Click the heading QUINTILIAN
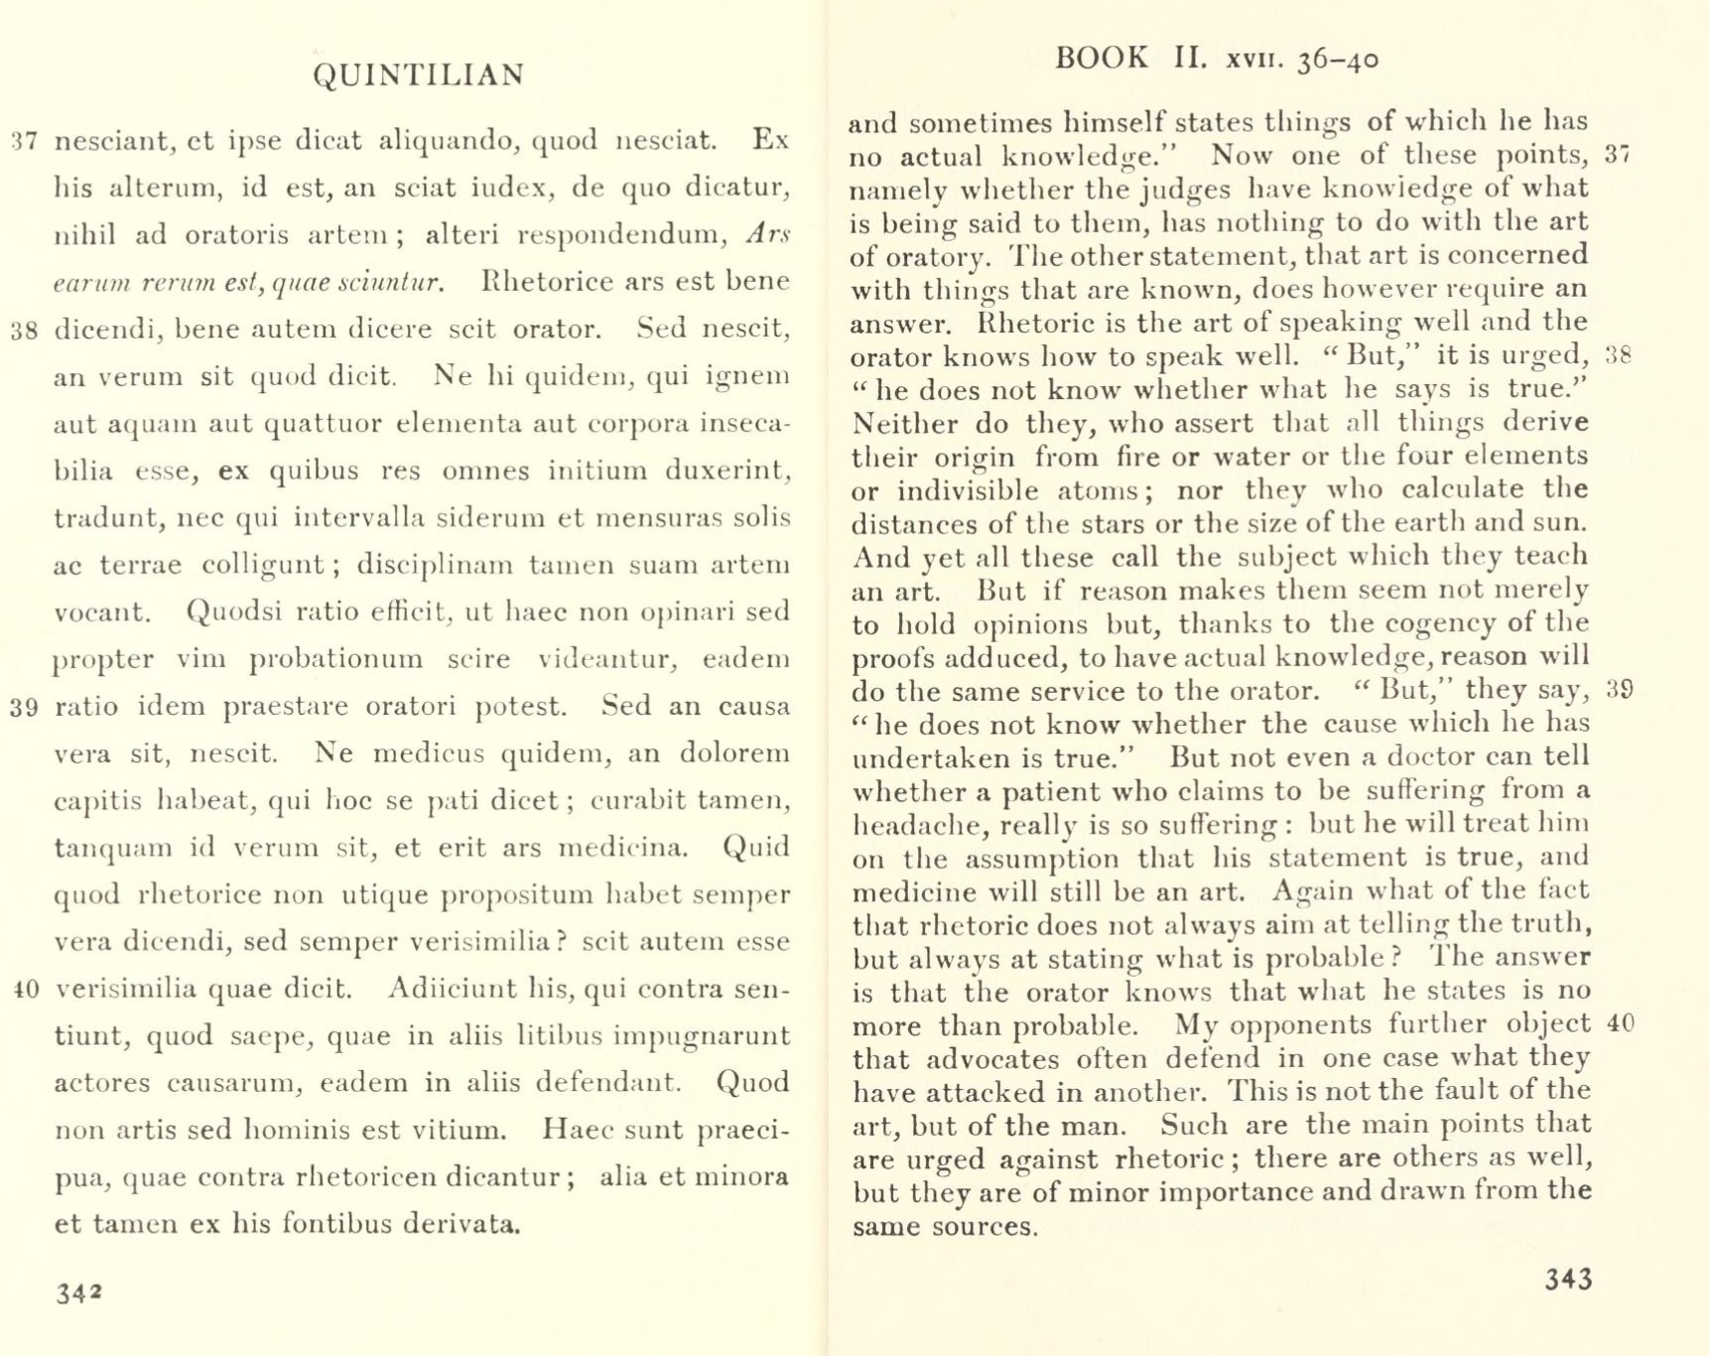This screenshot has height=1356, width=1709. pyautogui.click(x=418, y=75)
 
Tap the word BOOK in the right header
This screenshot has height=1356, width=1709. pyautogui.click(x=1101, y=58)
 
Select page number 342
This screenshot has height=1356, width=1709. pyautogui.click(x=78, y=1293)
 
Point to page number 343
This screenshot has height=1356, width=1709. pyautogui.click(x=1568, y=1279)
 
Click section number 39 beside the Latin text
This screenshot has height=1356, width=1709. pyautogui.click(x=24, y=708)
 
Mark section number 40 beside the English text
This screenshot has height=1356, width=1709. pyautogui.click(x=1620, y=1023)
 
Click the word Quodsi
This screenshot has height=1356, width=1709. pyautogui.click(x=231, y=611)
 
